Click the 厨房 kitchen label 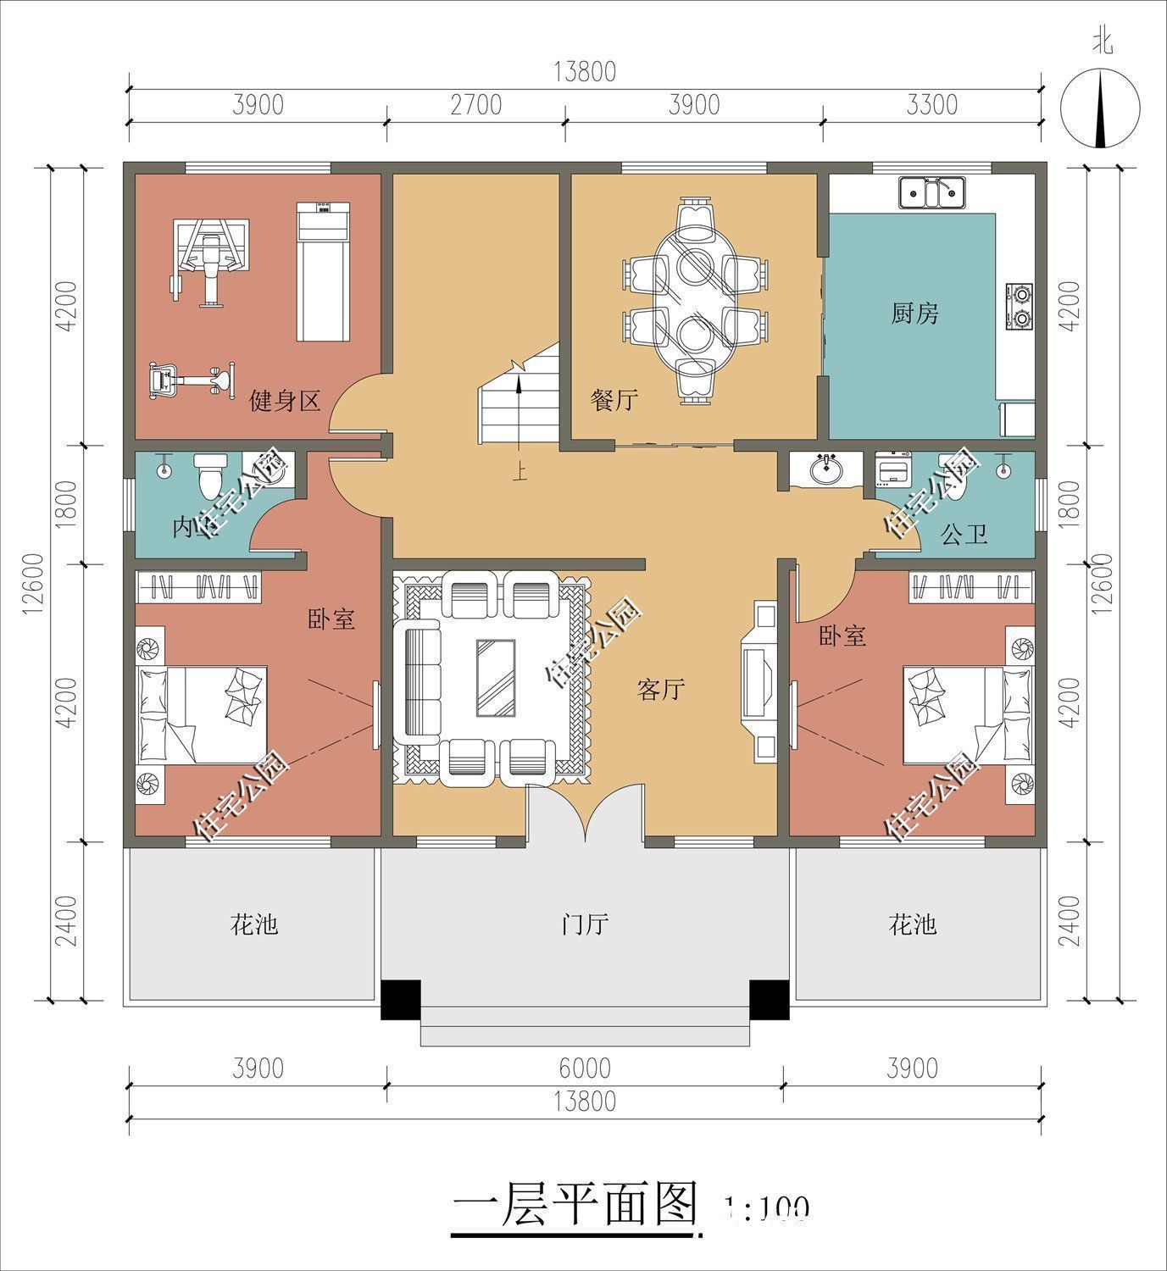[915, 314]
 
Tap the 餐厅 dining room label [614, 399]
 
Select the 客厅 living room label [660, 690]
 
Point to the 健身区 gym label [284, 400]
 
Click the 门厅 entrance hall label [586, 923]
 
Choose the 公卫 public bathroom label [964, 535]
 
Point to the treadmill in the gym [322, 271]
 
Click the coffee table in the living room [496, 678]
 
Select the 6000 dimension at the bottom [585, 1068]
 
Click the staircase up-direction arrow [516, 398]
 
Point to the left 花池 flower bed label [253, 923]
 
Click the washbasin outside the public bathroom [825, 469]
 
